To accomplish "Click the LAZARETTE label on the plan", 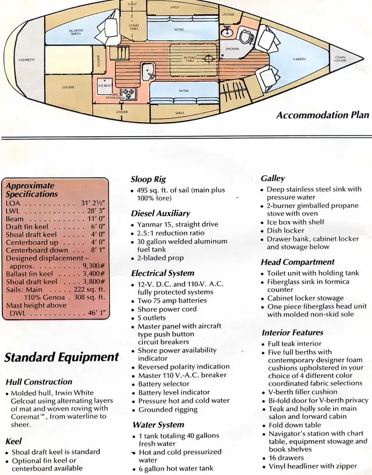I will point(27,60).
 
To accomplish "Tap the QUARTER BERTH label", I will point(76,31).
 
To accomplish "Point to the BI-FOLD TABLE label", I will point(189,59).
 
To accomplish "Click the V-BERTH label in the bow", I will point(299,59).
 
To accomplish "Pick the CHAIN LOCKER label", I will point(340,59).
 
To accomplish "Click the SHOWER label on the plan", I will point(233,49).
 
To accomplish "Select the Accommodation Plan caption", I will point(323,115).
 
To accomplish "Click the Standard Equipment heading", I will point(62,357).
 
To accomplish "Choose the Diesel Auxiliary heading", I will point(160,213).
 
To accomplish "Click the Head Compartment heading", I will point(298,262).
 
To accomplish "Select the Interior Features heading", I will point(292,333).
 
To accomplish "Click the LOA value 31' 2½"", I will point(92,203).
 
